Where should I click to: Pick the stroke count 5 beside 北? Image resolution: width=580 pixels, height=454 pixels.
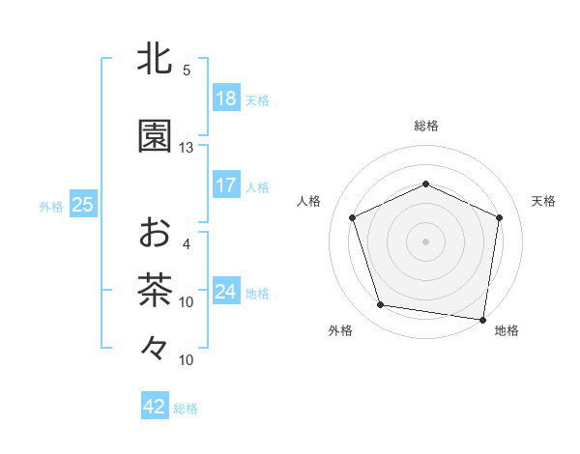pos(187,71)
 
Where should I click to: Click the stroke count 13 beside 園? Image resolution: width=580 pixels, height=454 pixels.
pos(187,148)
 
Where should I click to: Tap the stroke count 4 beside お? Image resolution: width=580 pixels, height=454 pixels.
pos(187,244)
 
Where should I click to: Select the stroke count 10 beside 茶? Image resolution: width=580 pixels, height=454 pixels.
pos(187,302)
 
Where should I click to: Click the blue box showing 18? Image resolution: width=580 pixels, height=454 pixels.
pos(225,99)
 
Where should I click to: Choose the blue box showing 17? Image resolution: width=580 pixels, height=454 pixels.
pos(225,185)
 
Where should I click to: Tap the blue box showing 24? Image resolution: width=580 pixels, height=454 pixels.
pos(225,292)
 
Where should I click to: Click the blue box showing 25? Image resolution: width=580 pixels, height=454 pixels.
pos(83,205)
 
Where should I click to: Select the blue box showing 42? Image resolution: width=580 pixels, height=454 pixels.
pos(155,407)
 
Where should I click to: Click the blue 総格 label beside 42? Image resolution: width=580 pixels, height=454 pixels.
pos(186,409)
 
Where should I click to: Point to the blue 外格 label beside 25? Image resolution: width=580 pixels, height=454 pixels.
pos(51,206)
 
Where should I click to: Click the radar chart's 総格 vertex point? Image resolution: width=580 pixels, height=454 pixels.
pos(425,184)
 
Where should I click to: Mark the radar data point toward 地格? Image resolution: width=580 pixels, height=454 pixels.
pos(482,319)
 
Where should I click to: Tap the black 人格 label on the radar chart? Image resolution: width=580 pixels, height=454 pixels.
pos(310,201)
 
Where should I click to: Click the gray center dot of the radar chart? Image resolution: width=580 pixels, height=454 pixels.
pos(425,241)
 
